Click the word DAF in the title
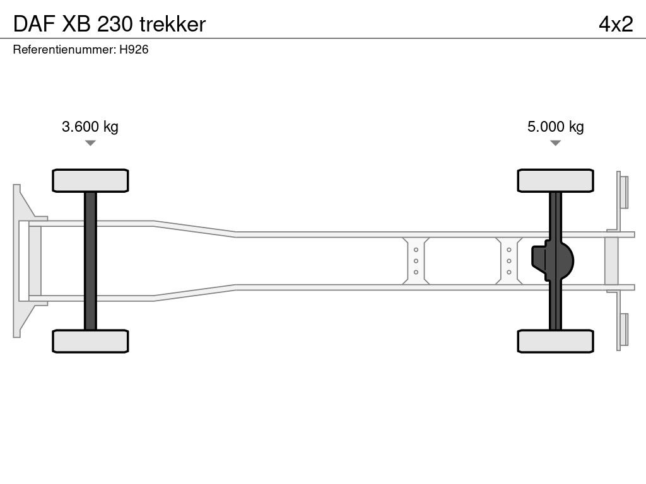(34, 25)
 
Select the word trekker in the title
(173, 25)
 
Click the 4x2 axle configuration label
(616, 25)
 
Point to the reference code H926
(134, 49)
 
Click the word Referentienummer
(64, 49)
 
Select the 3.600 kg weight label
(90, 127)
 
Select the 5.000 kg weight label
(555, 127)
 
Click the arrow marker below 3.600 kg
(90, 143)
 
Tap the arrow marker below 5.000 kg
(555, 143)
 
